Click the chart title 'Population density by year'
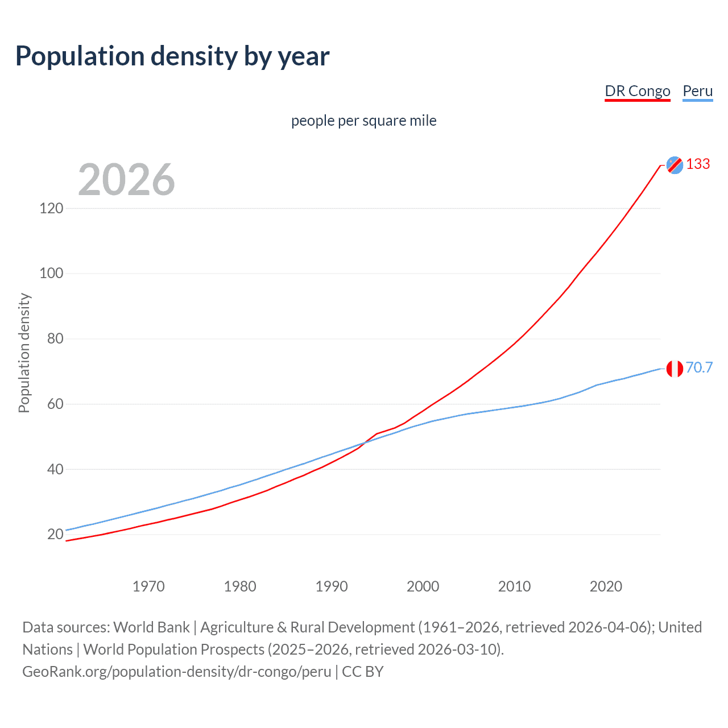click(x=172, y=56)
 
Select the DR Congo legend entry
click(x=637, y=92)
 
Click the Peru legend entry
click(x=697, y=92)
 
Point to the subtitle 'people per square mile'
click(x=363, y=121)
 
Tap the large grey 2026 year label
click(x=126, y=180)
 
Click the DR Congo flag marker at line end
click(x=675, y=165)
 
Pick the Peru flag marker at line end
click(x=675, y=369)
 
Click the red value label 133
click(x=698, y=164)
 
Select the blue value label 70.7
click(x=699, y=368)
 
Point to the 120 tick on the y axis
click(x=51, y=208)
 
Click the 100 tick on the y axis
click(x=51, y=274)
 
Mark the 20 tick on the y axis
click(x=55, y=534)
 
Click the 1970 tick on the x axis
click(x=148, y=586)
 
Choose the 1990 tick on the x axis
click(x=332, y=586)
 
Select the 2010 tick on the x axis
click(x=514, y=586)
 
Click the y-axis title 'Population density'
click(x=24, y=353)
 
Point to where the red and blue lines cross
click(x=363, y=442)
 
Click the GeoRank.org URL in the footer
click(x=176, y=672)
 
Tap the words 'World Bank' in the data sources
click(x=151, y=627)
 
